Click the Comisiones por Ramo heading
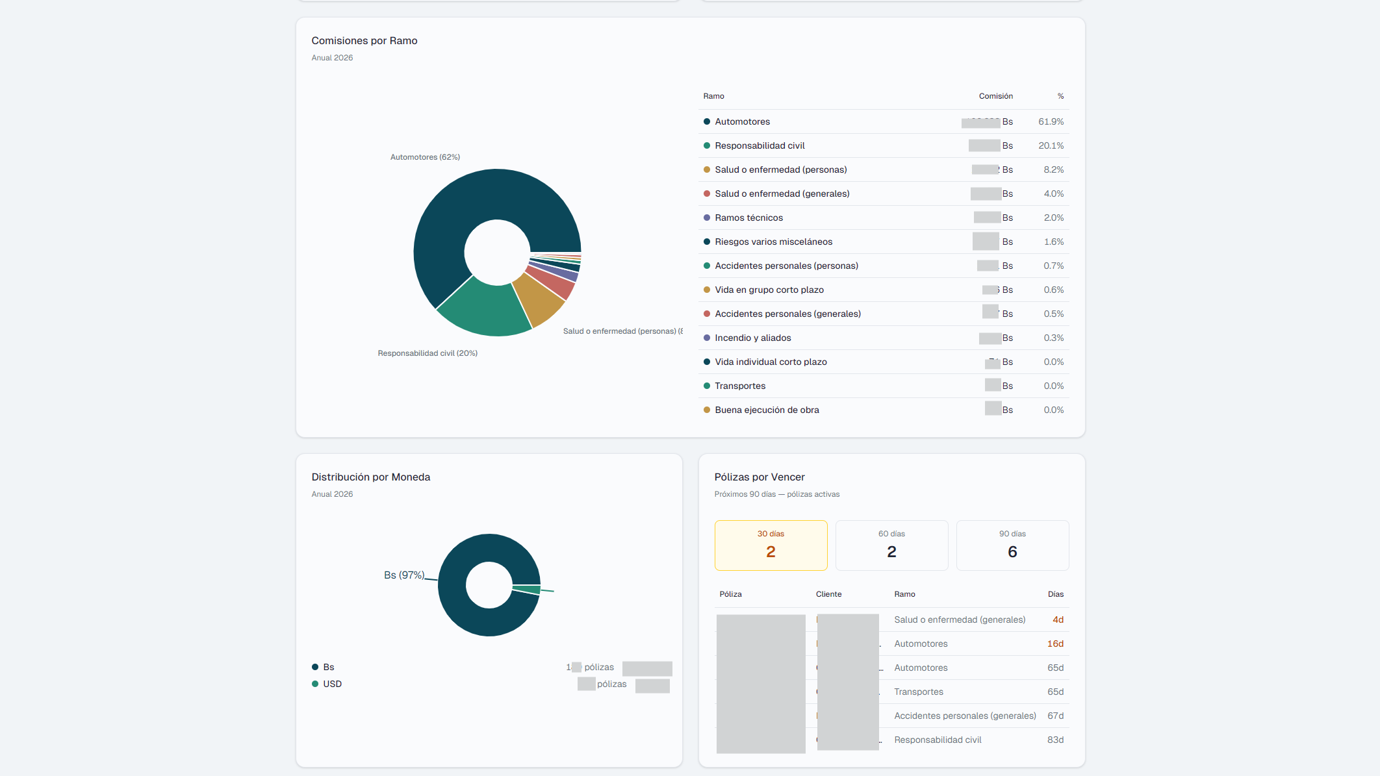pos(364,40)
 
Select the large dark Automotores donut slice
pos(455,208)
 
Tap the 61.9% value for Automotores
pos(1051,121)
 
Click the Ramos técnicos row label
pos(748,218)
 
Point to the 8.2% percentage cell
pos(1053,169)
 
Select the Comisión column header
pos(995,96)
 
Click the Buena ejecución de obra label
pos(767,410)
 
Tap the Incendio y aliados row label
pos(752,338)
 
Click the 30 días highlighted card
pos(771,545)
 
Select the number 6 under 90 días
pos(1012,552)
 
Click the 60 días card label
pos(891,534)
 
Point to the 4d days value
pos(1058,620)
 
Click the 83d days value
pos(1055,740)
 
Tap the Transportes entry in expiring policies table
pos(918,692)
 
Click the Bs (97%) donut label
pos(403,575)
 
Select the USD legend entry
pos(332,684)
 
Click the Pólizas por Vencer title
pos(759,477)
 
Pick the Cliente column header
pos(828,594)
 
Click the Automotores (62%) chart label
pos(425,157)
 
